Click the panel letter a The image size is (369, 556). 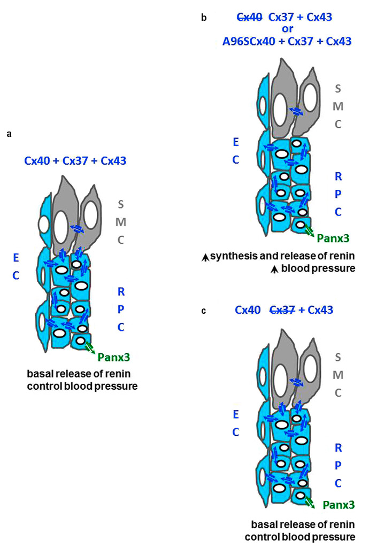(x=9, y=134)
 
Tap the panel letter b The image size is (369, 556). (x=204, y=18)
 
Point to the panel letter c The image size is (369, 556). (x=204, y=310)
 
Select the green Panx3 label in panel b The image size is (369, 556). (x=333, y=238)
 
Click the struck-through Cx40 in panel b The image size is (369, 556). (x=249, y=18)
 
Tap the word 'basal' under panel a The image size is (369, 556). (x=38, y=373)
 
